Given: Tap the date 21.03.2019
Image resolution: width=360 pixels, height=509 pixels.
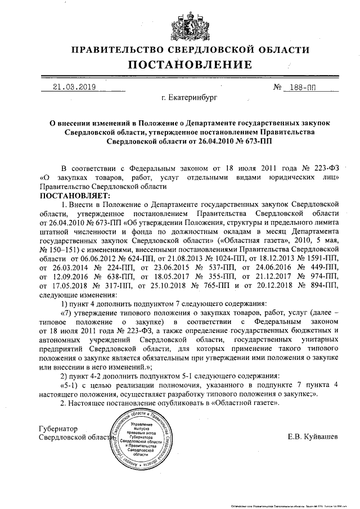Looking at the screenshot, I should [x=74, y=87].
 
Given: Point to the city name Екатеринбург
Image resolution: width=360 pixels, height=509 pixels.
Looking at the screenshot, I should [x=188, y=98].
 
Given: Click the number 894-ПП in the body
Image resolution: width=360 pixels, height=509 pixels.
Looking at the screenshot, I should [x=320, y=285].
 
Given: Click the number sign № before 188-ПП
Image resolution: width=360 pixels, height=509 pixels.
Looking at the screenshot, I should [x=277, y=88].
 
